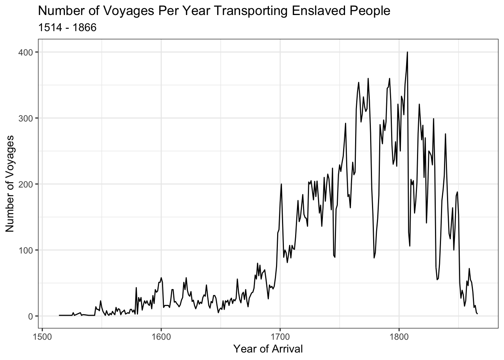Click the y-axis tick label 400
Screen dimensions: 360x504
(25, 52)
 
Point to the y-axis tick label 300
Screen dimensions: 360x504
(25, 118)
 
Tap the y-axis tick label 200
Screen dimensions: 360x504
(25, 184)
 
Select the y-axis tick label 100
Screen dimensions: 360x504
(25, 250)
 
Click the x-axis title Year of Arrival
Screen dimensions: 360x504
(268, 349)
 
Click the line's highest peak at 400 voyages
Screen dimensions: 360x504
(407, 52)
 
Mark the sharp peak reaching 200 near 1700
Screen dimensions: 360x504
(281, 184)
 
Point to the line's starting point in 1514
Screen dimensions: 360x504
(59, 315)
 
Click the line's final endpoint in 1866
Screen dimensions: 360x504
(477, 314)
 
